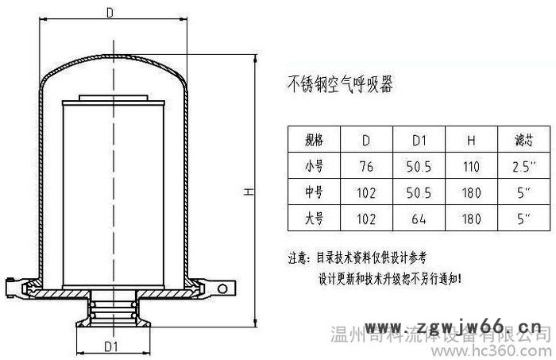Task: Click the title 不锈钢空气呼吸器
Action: tap(339, 83)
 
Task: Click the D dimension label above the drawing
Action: tap(110, 12)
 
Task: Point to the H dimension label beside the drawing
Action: tap(247, 192)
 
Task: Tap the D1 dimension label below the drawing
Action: tap(111, 346)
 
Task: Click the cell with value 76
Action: tap(366, 167)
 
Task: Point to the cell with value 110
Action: tap(471, 167)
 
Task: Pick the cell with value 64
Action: tap(419, 216)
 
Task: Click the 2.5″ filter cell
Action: tap(523, 167)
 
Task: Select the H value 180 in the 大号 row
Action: tap(471, 216)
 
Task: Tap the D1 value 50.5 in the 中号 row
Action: tap(419, 192)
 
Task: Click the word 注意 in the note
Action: tap(298, 257)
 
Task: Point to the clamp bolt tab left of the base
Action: tap(14, 283)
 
